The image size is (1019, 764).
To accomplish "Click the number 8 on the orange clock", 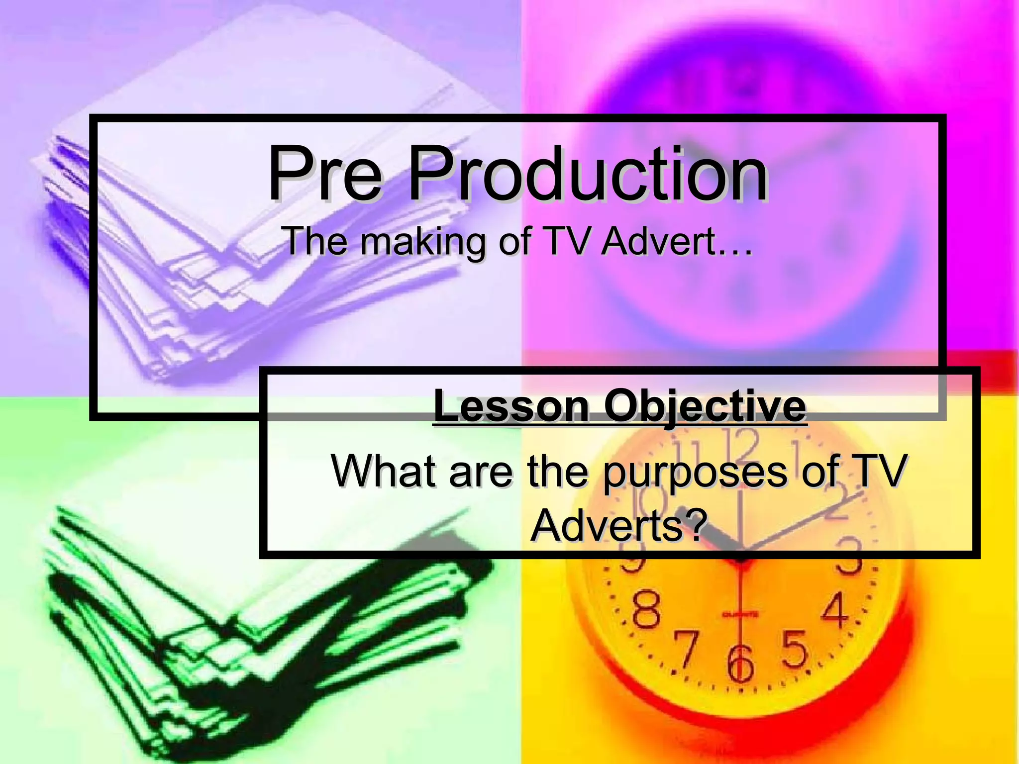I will click(x=646, y=610).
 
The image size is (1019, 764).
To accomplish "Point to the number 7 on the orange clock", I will click(x=687, y=649).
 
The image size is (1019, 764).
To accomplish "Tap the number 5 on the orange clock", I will click(x=794, y=649).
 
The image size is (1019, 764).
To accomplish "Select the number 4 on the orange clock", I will click(x=834, y=610).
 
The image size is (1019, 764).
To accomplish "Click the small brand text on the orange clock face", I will click(x=740, y=615).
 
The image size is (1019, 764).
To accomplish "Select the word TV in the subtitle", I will click(x=566, y=241).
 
